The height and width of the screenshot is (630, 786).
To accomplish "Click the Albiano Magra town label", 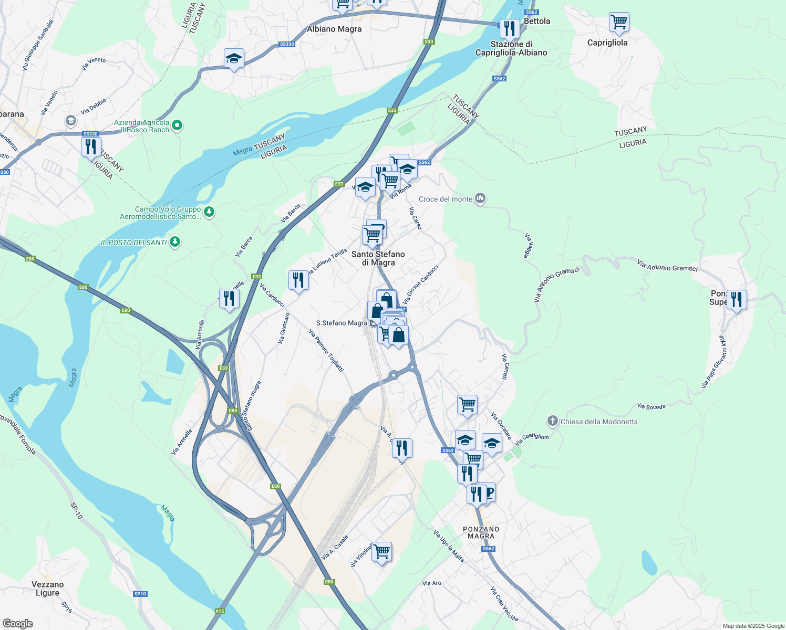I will [x=334, y=29].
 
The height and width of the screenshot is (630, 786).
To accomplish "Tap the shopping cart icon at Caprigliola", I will [x=619, y=22].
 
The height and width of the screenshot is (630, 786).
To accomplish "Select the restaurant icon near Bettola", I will [x=509, y=28].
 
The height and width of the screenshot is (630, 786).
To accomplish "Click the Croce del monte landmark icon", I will [x=480, y=198].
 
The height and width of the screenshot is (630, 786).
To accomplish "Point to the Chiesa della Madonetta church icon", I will [x=552, y=421].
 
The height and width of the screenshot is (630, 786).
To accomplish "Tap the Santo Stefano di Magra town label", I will [x=378, y=258].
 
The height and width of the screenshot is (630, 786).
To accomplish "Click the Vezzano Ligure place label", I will [x=48, y=589].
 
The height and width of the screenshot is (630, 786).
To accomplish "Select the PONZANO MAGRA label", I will [x=481, y=532].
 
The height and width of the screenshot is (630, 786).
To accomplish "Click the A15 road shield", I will [x=220, y=611].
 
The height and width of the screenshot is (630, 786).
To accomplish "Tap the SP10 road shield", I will [x=140, y=594].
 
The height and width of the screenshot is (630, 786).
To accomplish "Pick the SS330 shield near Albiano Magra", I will [x=287, y=44].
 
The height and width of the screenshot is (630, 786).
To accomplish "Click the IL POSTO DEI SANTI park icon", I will [x=175, y=242].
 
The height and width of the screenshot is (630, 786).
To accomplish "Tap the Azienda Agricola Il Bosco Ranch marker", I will [x=177, y=125].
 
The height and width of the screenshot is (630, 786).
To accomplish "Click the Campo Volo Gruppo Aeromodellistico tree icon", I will [x=209, y=212].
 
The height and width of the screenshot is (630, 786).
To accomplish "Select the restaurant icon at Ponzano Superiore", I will [x=736, y=300].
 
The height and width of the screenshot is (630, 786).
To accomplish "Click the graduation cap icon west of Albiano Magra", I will [x=234, y=58].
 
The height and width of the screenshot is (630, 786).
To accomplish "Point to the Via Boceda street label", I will [x=651, y=406].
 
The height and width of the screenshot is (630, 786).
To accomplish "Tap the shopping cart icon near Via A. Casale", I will [x=381, y=552].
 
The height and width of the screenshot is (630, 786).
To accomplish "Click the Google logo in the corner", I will [x=17, y=624].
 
